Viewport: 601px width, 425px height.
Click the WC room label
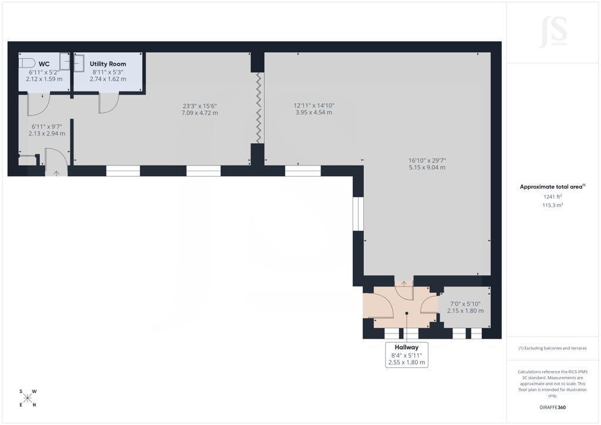click(x=44, y=64)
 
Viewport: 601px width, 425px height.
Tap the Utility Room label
click(x=108, y=64)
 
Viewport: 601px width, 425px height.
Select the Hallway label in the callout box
click(x=407, y=347)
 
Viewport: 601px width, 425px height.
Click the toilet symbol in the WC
click(x=27, y=63)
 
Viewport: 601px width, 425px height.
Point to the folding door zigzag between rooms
click(x=259, y=107)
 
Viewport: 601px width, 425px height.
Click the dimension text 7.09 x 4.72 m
click(x=200, y=113)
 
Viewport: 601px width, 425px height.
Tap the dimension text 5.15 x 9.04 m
click(x=427, y=167)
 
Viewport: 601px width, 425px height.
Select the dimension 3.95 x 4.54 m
click(x=313, y=113)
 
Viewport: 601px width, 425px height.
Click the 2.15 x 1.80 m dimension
click(x=465, y=311)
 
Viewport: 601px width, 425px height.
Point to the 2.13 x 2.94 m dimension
click(x=47, y=134)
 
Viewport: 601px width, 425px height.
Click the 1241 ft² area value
click(x=552, y=197)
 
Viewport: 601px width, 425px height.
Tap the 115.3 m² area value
click(x=552, y=205)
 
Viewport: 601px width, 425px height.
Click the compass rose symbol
click(x=28, y=398)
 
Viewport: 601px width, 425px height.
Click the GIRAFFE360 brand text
click(x=552, y=407)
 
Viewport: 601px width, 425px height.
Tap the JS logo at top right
click(x=553, y=32)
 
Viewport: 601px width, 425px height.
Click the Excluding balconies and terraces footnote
click(x=552, y=348)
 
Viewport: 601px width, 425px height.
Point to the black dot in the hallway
click(x=407, y=313)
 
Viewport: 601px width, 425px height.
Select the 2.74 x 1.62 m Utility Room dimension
click(x=108, y=79)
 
